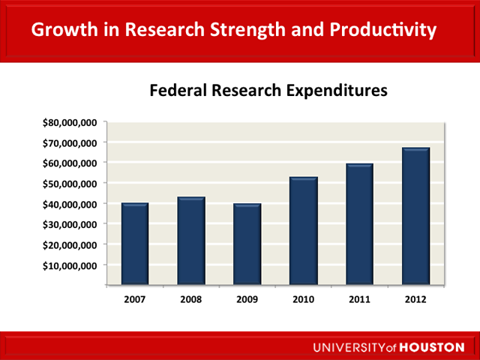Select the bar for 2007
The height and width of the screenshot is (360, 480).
click(x=135, y=244)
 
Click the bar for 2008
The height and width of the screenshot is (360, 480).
click(x=191, y=241)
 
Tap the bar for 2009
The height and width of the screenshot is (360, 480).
click(x=247, y=244)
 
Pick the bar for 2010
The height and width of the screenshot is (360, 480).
click(x=304, y=231)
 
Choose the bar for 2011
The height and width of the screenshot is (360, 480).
click(x=360, y=225)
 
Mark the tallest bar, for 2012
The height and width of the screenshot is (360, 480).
click(x=415, y=217)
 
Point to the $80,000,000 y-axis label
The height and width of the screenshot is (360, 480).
click(x=73, y=122)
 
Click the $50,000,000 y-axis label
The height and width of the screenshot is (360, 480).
click(x=73, y=184)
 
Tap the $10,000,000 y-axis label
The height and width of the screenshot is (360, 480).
click(x=73, y=265)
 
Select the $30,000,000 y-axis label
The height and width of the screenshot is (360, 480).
click(x=73, y=224)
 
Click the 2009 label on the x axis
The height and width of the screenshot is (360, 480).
click(x=247, y=300)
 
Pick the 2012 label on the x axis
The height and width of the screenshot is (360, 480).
click(x=415, y=300)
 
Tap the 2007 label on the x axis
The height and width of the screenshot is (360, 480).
click(x=135, y=300)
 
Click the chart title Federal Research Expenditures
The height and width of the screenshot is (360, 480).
click(x=268, y=91)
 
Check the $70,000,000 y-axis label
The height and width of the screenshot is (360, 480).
click(x=73, y=142)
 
